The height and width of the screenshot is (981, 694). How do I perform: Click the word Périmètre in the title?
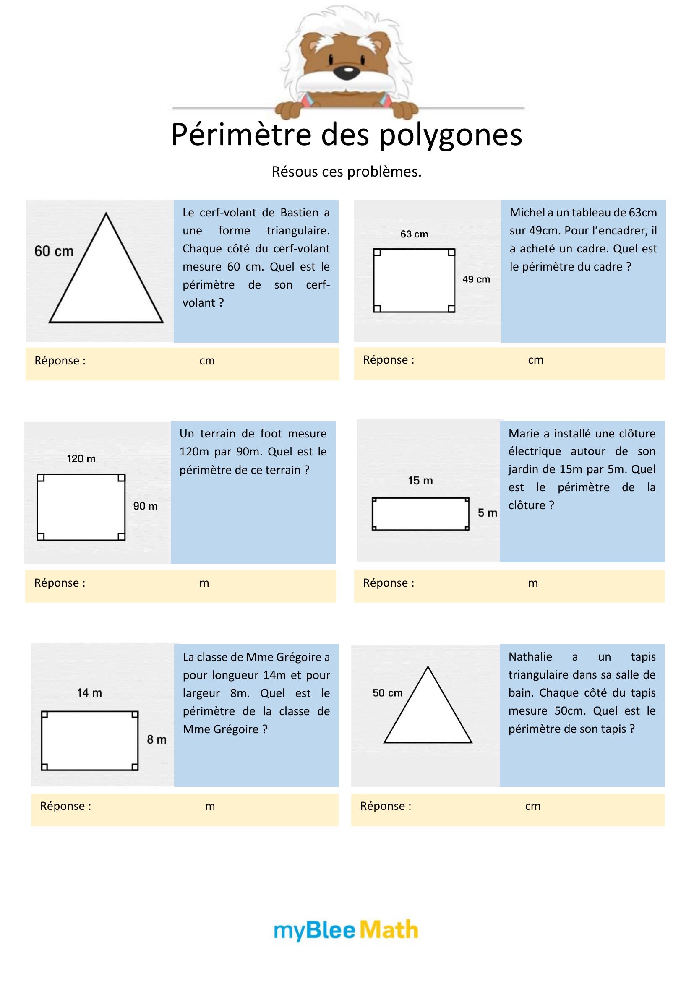(x=241, y=135)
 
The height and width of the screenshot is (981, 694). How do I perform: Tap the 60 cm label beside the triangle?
(x=54, y=251)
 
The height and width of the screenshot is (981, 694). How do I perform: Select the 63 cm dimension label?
(x=414, y=234)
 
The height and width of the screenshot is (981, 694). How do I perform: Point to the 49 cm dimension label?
(x=476, y=279)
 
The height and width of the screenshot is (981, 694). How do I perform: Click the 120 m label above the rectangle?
(x=81, y=459)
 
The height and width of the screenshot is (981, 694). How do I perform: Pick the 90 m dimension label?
(x=145, y=506)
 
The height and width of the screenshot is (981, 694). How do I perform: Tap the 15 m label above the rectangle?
(x=420, y=481)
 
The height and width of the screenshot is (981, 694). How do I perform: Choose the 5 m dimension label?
(x=487, y=513)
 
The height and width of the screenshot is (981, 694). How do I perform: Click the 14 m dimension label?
(x=90, y=693)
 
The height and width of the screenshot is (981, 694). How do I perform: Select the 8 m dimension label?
(x=157, y=739)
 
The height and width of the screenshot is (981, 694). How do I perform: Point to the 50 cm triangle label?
(x=388, y=693)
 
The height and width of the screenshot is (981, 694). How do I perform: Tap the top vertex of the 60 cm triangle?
(x=106, y=214)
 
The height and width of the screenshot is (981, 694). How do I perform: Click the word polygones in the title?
(x=450, y=135)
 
